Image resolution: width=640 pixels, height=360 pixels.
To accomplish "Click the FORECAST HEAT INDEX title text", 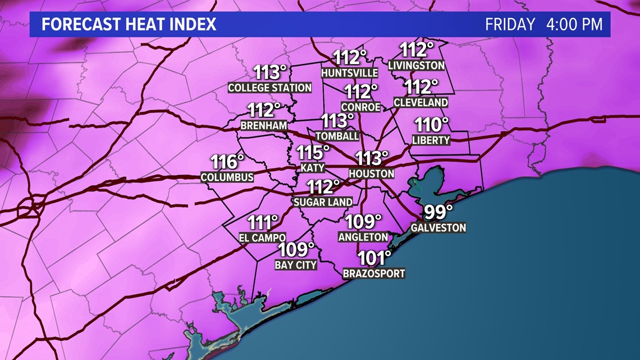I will coord(129,25).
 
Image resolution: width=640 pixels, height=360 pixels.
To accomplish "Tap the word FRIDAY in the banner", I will coord(510,25).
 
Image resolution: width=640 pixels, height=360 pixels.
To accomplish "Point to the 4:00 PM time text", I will coord(574,25).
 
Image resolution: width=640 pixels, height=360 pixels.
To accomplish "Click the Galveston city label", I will coord(438,227).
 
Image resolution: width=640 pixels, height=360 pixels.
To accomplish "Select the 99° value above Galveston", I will coord(438,213).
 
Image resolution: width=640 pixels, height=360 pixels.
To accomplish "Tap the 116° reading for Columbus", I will coord(227,162).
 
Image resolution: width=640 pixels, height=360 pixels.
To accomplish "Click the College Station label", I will coord(269,88).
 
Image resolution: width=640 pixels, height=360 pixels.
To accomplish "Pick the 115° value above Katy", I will coord(313,152).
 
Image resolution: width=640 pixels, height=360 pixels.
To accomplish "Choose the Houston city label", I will coord(371,174).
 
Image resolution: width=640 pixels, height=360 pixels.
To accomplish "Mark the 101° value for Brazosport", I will coord(374,258).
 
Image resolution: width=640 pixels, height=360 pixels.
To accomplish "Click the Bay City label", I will coord(296,265).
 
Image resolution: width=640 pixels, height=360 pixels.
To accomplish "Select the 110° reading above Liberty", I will coord(432,125).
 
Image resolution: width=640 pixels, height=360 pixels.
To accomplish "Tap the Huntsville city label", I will coord(350,73).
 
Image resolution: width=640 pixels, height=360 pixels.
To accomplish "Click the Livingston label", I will coord(417,66).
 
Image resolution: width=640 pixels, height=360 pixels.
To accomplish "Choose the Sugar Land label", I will coord(323,202).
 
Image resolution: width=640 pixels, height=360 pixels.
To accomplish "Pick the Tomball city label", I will coord(337,136).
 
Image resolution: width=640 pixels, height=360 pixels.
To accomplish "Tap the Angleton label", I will coord(363,237).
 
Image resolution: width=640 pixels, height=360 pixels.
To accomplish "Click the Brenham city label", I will coord(263,125).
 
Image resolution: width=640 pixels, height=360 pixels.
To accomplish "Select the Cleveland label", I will coord(421,102).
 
